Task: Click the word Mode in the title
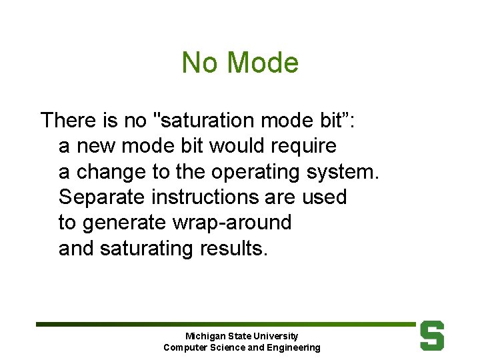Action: coord(263,63)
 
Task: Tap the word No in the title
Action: coord(199,63)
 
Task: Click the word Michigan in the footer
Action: coord(205,336)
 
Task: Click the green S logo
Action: coord(431,335)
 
